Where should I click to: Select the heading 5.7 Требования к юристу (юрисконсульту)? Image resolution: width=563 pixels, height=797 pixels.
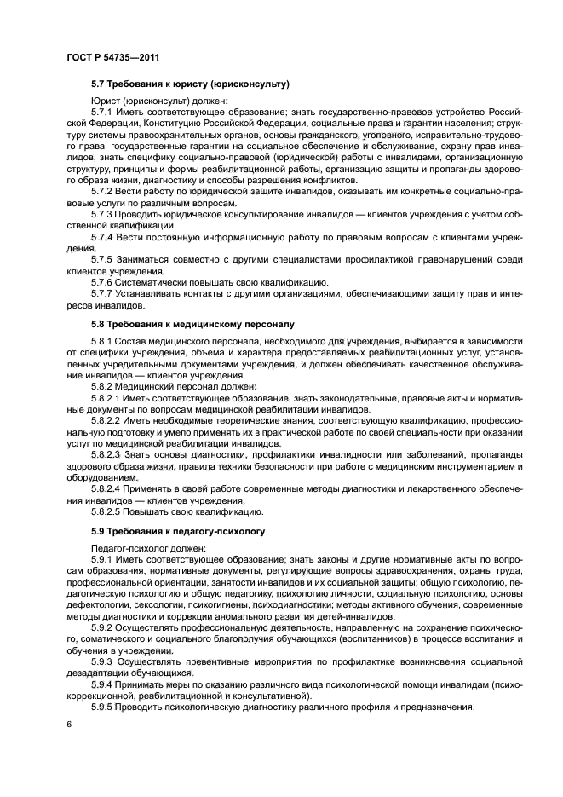point(191,84)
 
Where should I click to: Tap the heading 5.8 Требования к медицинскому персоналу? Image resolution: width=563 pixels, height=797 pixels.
point(192,325)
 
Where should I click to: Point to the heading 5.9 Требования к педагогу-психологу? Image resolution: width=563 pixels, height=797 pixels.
point(179,530)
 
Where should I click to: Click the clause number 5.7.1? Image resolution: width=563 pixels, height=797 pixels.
point(102,112)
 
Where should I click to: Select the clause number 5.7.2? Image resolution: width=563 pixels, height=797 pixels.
point(102,192)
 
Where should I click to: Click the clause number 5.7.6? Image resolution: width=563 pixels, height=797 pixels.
point(102,281)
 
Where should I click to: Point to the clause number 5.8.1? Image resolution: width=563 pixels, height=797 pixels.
point(102,341)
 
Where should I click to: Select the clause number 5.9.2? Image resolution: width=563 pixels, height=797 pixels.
point(102,626)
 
